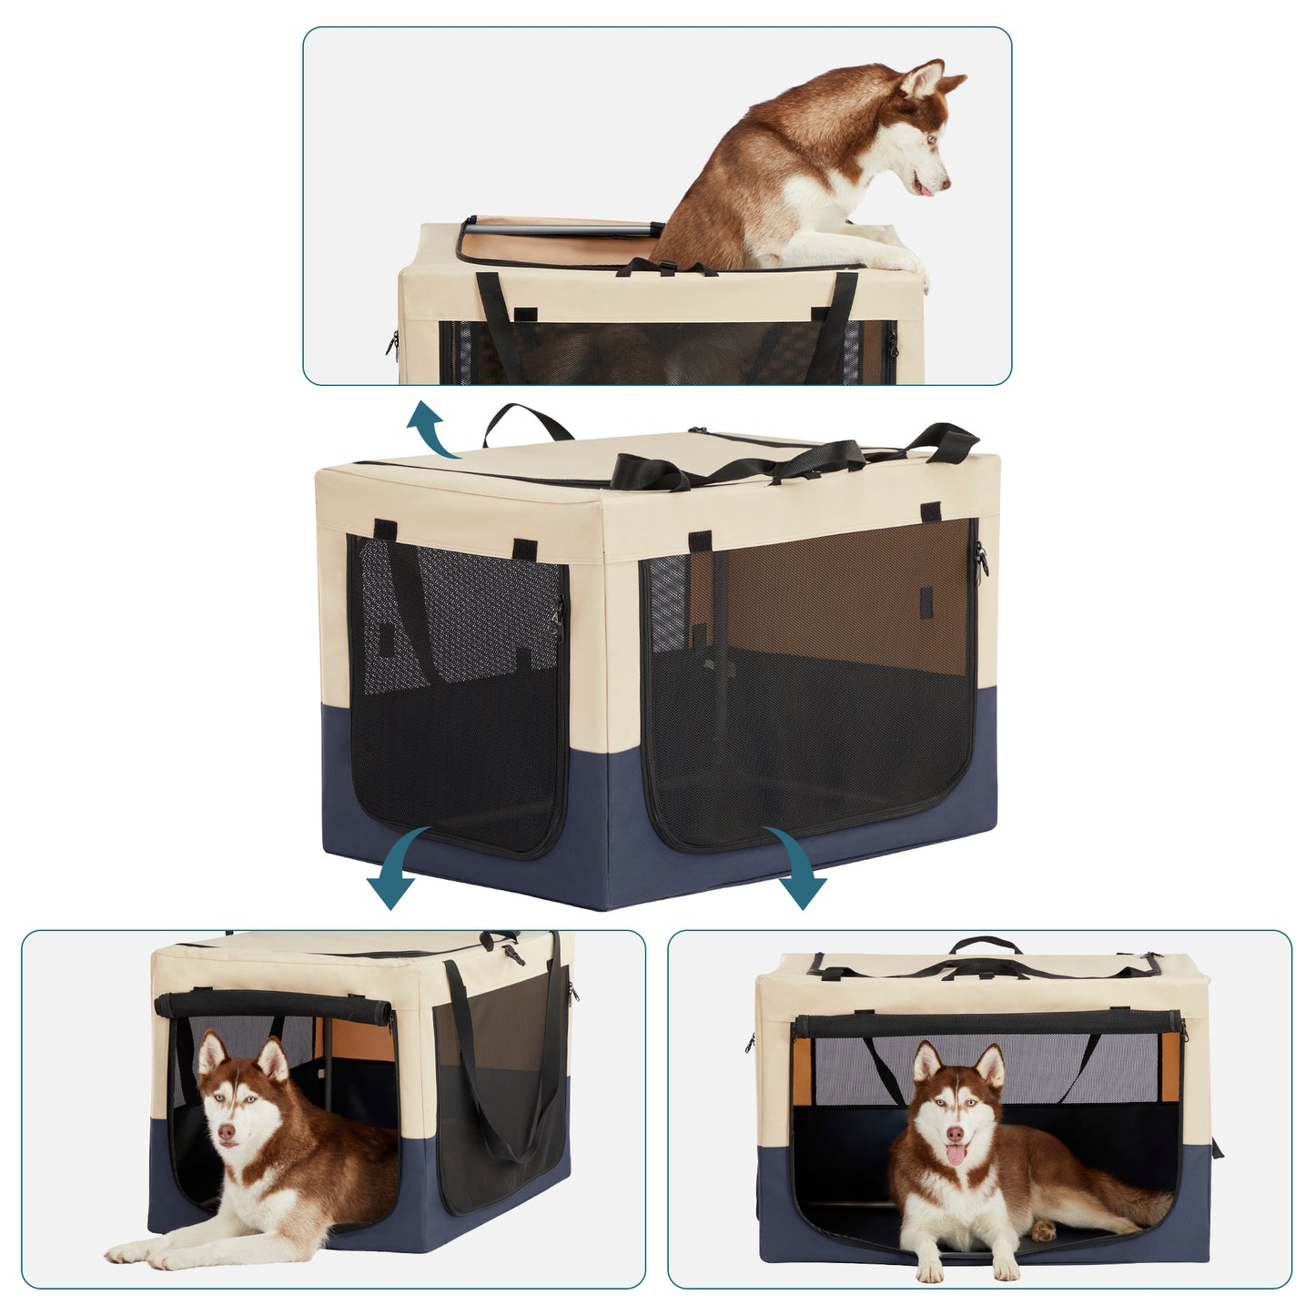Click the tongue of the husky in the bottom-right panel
(955, 1155)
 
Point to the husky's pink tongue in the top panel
(926, 191)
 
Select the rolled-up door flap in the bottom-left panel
(273, 1006)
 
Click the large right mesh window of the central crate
(810, 683)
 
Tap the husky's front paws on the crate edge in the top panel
(901, 263)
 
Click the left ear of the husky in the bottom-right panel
(926, 1061)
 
